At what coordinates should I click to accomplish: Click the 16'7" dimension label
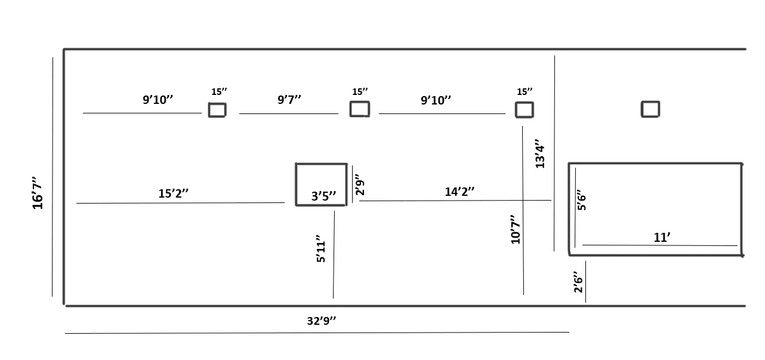point(37,193)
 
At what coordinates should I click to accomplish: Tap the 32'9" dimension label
point(322,321)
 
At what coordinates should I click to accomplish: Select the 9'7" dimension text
point(289,99)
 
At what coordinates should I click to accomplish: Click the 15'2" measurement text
point(173,193)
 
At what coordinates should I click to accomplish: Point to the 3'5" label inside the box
point(323,196)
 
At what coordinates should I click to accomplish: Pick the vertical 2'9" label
point(360,185)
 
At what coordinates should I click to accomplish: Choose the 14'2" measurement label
point(459,192)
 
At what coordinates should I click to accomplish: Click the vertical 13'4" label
point(539,153)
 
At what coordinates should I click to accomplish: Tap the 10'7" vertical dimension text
point(516,229)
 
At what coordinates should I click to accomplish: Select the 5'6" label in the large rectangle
point(581,200)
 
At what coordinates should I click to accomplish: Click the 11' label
point(662,237)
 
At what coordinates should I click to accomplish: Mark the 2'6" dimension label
point(578,282)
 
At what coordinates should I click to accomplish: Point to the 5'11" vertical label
point(320,248)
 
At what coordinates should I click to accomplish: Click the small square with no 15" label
point(650,101)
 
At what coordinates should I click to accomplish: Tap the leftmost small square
point(217,103)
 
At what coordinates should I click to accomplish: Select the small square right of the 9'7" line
point(360,101)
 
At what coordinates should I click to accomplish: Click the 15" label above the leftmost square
point(219,91)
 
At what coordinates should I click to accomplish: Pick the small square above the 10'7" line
point(525,103)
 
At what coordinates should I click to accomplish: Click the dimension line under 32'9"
point(317,333)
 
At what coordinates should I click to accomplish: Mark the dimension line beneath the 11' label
point(660,245)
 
